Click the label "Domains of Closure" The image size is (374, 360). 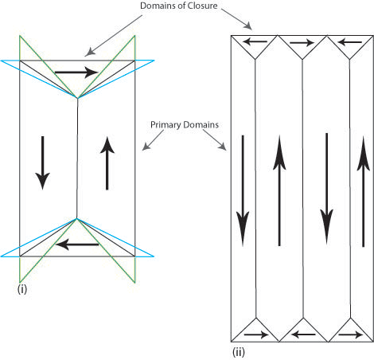coord(179,6)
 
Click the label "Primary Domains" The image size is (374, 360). coord(185,125)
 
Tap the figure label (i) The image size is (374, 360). coord(22,289)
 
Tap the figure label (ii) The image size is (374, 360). coord(239,352)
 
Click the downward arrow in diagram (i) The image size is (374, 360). coord(42,162)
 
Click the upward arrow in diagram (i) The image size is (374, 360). coord(107,163)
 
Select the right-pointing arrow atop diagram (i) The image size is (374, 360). coord(76,72)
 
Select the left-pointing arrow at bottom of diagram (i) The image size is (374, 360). coord(77,245)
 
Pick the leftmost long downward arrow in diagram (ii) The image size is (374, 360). coord(243,190)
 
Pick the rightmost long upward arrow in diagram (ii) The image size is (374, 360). coord(364,191)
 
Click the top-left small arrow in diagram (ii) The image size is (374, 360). coord(255,41)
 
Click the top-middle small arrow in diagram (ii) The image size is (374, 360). coord(302,42)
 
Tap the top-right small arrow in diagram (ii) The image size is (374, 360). coord(350,42)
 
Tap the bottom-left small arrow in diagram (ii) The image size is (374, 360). coord(256,335)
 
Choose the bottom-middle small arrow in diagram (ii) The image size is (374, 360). coord(303,335)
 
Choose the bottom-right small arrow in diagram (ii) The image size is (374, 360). coord(351,335)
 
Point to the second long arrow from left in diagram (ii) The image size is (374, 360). coord(279,190)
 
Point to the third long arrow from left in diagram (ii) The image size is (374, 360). coord(326,189)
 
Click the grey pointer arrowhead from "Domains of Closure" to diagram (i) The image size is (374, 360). coord(90,52)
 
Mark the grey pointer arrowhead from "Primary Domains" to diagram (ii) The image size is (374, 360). coord(222,147)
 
